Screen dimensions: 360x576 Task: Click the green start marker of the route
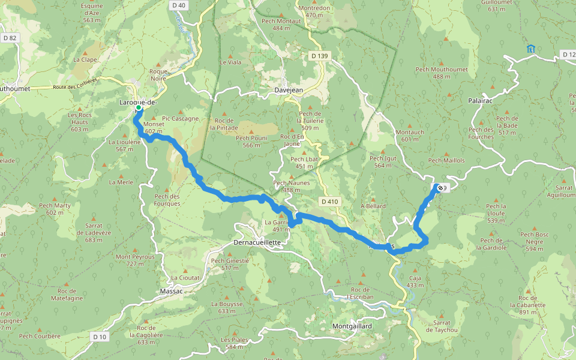pyautogui.click(x=139, y=109)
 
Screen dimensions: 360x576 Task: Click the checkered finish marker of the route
pyautogui.click(x=440, y=188)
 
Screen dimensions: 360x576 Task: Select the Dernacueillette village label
pyautogui.click(x=256, y=242)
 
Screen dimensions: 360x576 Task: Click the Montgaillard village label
pyautogui.click(x=352, y=326)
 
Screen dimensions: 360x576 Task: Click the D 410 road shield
pyautogui.click(x=330, y=202)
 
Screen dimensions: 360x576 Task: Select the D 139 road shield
pyautogui.click(x=320, y=56)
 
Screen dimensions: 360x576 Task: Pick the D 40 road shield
pyautogui.click(x=178, y=5)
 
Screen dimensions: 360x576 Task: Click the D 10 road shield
pyautogui.click(x=100, y=337)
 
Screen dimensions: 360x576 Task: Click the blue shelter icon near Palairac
pyautogui.click(x=530, y=49)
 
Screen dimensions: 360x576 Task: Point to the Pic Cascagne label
pyautogui.click(x=180, y=118)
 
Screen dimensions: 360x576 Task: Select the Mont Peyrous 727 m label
pyautogui.click(x=135, y=260)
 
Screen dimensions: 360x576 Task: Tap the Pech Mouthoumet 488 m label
pyautogui.click(x=441, y=73)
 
